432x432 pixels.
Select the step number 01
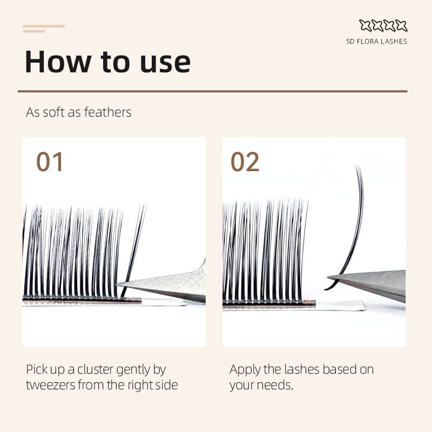[x=50, y=161]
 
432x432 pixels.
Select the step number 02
[x=245, y=161]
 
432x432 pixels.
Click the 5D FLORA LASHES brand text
[x=376, y=42]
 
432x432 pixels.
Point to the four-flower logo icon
[x=383, y=25]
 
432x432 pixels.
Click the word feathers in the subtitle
[x=107, y=112]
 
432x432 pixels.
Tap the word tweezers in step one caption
[x=50, y=385]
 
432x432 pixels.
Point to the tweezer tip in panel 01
[x=117, y=284]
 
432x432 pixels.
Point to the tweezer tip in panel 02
[x=328, y=276]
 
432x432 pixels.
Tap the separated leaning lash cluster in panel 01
[x=134, y=251]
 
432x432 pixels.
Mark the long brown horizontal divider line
[x=212, y=91]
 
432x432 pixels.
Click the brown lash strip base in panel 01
[x=82, y=300]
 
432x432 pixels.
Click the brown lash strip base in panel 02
[x=269, y=303]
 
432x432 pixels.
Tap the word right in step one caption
[x=139, y=386]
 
